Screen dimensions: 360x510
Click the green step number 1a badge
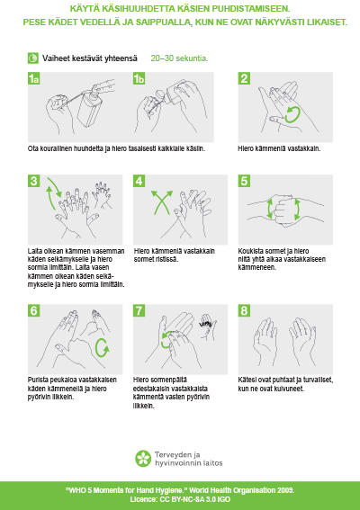tap(34, 78)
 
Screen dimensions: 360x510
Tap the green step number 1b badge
tap(139, 78)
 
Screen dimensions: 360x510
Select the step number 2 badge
tap(244, 78)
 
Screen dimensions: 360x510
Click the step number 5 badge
tap(244, 181)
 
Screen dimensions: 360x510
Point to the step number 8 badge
tap(244, 310)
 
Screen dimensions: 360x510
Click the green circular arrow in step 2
tap(292, 115)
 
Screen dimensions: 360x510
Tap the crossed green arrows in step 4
tap(162, 202)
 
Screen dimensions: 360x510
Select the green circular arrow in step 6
tap(103, 348)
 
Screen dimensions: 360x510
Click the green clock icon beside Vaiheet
tap(33, 58)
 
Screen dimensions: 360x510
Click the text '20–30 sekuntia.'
tap(179, 58)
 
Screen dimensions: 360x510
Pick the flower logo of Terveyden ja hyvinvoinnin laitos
tap(143, 459)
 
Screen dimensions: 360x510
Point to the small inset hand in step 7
tap(207, 327)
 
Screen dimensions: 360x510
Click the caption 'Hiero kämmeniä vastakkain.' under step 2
tap(279, 148)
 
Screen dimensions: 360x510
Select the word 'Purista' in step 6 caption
tap(36, 380)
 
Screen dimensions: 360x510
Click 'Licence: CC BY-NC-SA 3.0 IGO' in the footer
tap(180, 499)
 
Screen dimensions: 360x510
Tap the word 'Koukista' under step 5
tap(249, 251)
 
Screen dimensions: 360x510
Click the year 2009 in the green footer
tap(286, 490)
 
